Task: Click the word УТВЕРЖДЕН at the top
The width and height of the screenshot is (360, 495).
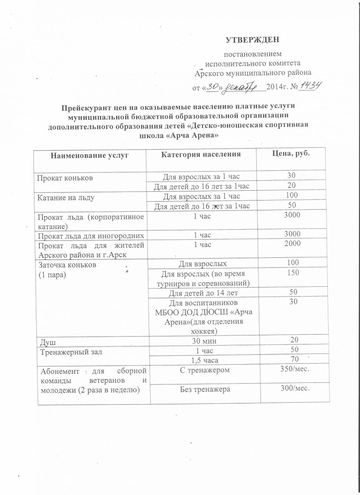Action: tap(253, 40)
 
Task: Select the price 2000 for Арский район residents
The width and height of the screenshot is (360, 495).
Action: tap(292, 244)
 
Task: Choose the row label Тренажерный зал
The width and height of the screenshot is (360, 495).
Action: tap(71, 352)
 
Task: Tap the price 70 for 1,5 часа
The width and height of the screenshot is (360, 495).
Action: tap(294, 360)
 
